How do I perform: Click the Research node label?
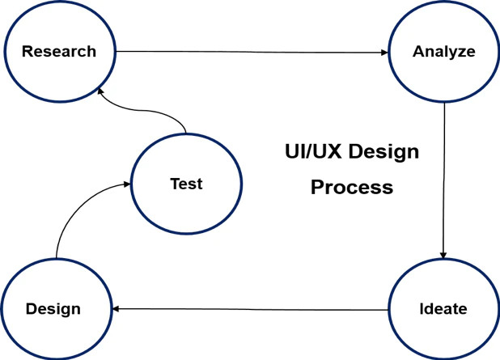(58, 52)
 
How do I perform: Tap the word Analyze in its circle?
(443, 52)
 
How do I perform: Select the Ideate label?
(444, 308)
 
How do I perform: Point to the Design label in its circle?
(53, 308)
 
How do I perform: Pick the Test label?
(186, 184)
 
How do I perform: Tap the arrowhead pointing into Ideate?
(444, 253)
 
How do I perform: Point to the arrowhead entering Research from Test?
(100, 92)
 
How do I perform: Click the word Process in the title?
(352, 188)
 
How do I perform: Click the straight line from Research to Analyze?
(251, 53)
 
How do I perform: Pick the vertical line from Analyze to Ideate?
(444, 178)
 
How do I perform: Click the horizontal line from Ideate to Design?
(251, 309)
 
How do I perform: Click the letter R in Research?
(27, 52)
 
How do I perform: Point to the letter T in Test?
(175, 184)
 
